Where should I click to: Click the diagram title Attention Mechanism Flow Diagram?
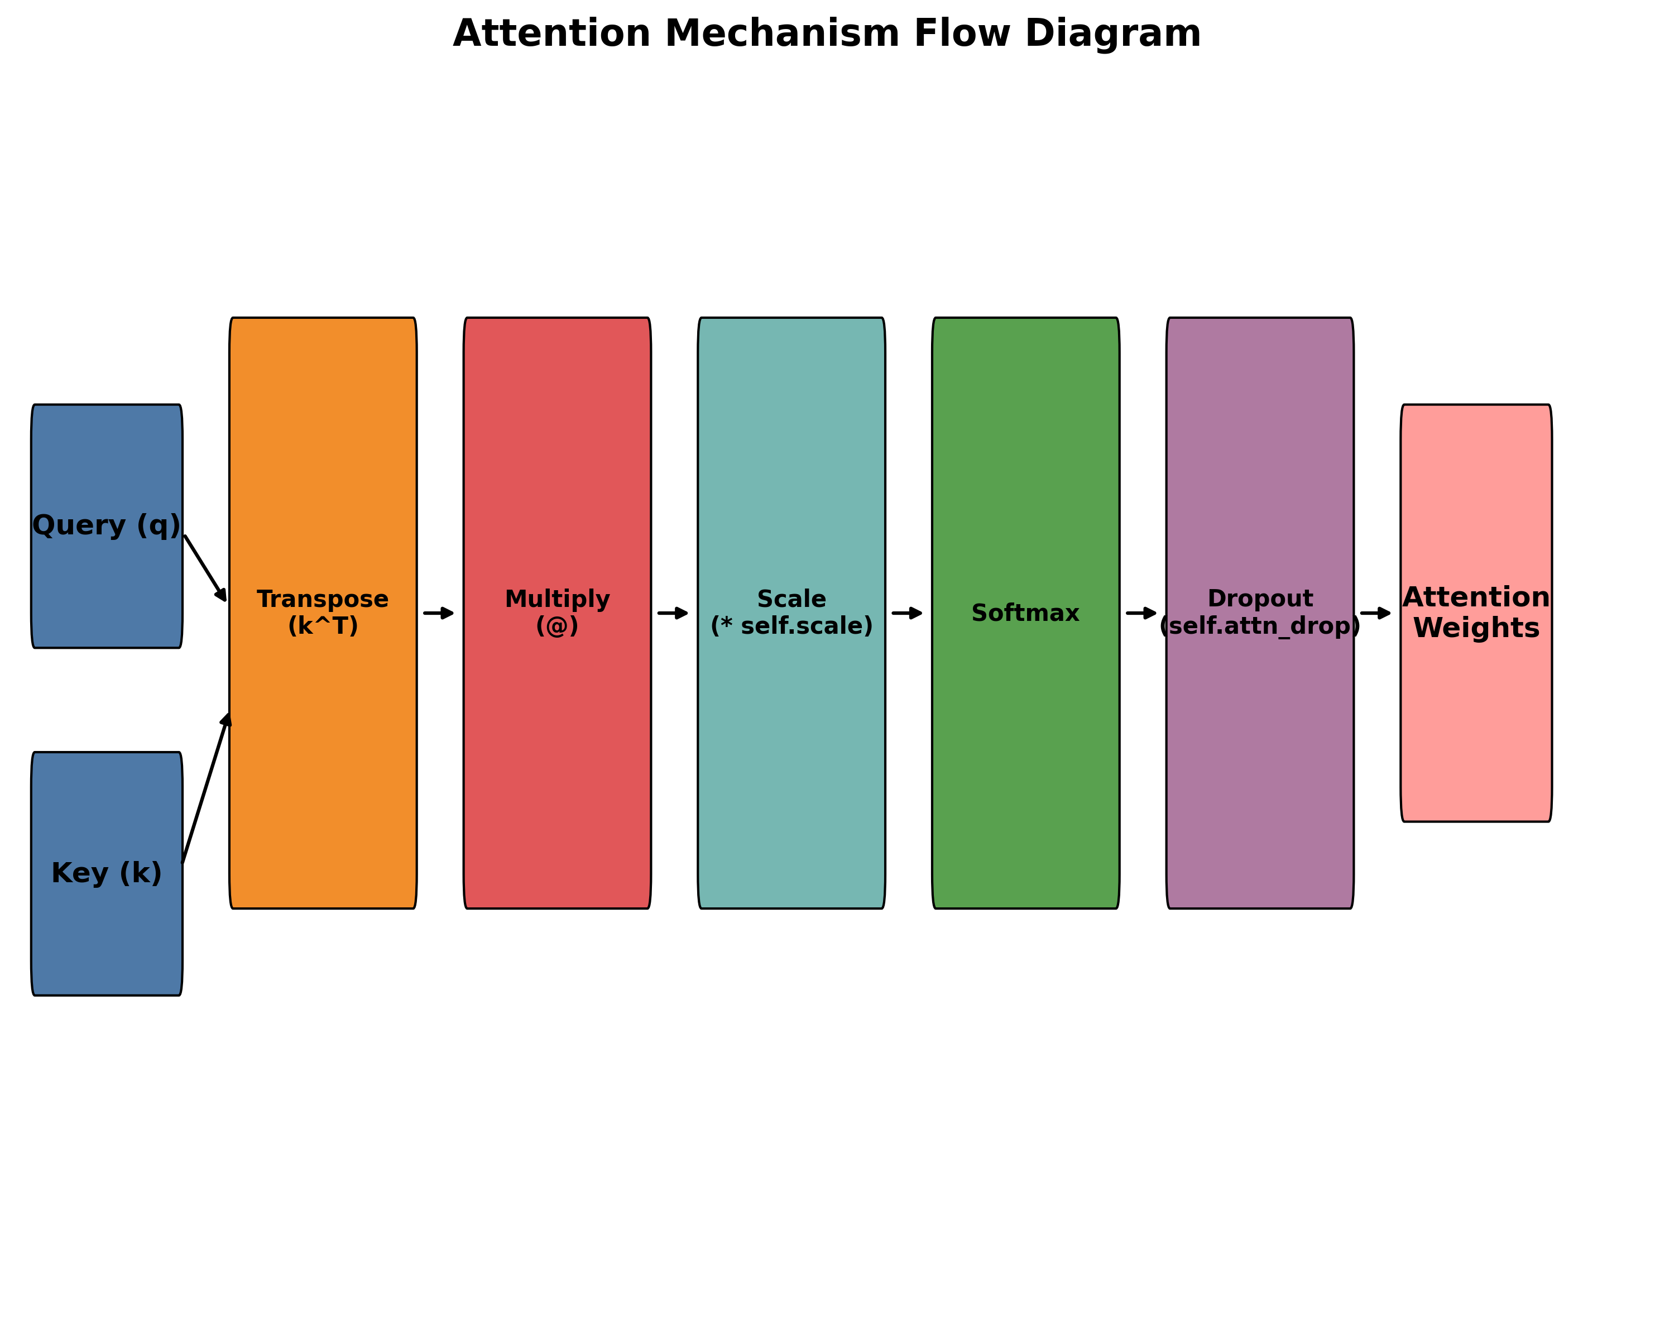tap(827, 34)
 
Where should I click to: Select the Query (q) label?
tap(107, 526)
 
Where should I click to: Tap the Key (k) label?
tap(107, 874)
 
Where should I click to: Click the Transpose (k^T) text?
tap(323, 613)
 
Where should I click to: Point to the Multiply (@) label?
tap(557, 613)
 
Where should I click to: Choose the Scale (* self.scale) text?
tap(791, 613)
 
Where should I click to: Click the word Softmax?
tap(1025, 614)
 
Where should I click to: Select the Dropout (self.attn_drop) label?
tap(1260, 613)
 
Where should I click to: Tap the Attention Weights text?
tap(1476, 613)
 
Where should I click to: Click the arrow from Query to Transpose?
tap(205, 568)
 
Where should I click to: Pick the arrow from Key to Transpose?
tap(206, 789)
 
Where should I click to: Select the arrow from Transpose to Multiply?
tap(438, 614)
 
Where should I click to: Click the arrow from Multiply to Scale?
tap(673, 614)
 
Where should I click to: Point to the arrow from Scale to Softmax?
tap(906, 614)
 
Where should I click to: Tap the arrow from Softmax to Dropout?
tap(1141, 614)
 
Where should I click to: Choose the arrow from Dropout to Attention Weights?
tap(1375, 614)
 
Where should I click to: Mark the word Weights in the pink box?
tap(1476, 628)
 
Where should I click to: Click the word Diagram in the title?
tap(1112, 34)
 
